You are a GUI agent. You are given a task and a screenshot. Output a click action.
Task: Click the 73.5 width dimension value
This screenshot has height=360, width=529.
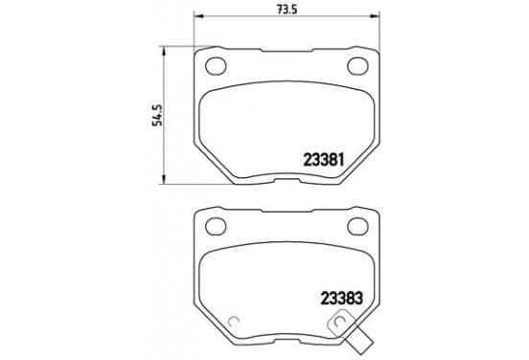(287, 10)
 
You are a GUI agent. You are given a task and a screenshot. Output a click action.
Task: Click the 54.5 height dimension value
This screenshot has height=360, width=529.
(157, 115)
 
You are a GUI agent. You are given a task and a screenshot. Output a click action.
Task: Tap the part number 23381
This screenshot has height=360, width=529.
(324, 160)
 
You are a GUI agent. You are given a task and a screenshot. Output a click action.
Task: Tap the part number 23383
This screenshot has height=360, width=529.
(341, 298)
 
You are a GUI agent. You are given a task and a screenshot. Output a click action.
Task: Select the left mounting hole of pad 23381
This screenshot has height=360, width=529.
(216, 65)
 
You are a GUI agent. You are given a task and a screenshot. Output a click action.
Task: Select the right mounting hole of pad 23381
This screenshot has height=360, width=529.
(357, 65)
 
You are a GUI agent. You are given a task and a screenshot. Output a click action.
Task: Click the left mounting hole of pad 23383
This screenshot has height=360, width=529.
(216, 226)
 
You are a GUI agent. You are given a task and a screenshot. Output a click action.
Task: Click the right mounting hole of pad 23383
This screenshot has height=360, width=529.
(357, 226)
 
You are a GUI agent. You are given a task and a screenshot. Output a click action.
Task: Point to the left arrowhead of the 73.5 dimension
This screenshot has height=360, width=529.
(198, 16)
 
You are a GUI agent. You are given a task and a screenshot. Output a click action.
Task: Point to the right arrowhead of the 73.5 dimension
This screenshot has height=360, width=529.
(375, 16)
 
